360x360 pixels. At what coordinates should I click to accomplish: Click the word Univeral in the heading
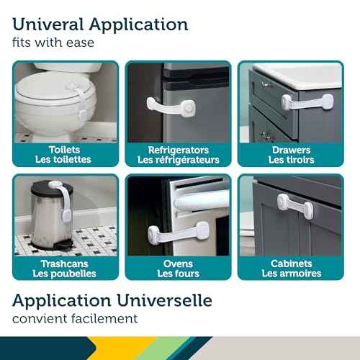click(x=48, y=24)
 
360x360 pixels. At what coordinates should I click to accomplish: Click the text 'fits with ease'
click(x=53, y=43)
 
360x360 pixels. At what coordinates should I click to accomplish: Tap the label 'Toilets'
click(x=64, y=150)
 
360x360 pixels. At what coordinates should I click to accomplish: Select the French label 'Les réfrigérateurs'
click(x=179, y=160)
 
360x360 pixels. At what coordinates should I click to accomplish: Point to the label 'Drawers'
click(x=291, y=150)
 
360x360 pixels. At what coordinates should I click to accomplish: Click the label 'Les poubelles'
click(x=64, y=274)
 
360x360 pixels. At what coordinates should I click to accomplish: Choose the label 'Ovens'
click(x=178, y=264)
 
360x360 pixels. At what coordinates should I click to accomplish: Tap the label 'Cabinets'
click(x=292, y=264)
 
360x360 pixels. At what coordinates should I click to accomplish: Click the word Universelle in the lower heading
click(x=164, y=300)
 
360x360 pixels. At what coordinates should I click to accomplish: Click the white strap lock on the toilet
click(x=79, y=101)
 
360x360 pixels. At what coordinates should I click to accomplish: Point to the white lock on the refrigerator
click(x=171, y=107)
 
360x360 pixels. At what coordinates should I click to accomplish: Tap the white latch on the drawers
click(x=307, y=102)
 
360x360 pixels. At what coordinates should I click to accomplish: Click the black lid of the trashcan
click(x=52, y=188)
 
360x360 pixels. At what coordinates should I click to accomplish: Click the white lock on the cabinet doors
click(x=295, y=207)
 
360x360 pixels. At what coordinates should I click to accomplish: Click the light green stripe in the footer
click(x=166, y=348)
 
